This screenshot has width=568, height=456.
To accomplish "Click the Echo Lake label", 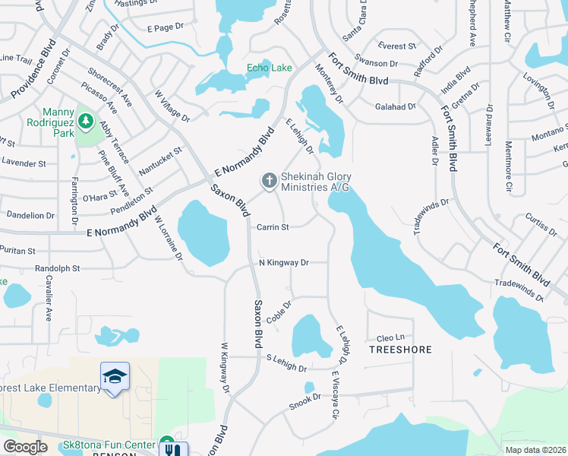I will (269, 68).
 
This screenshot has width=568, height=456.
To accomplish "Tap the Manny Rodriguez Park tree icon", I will (85, 121).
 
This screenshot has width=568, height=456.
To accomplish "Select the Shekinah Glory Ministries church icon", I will (268, 181).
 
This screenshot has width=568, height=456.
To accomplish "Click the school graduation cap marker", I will (115, 376).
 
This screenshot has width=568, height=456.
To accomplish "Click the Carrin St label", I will (273, 226).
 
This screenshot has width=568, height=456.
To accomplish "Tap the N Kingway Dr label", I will (283, 263).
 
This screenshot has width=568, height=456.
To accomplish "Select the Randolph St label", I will (56, 268).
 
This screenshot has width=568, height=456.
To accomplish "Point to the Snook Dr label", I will (305, 401).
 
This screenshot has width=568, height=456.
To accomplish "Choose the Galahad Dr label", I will (396, 107).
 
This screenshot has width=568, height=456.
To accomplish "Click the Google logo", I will (26, 446).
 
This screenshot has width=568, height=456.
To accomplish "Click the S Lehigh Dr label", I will (286, 363).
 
